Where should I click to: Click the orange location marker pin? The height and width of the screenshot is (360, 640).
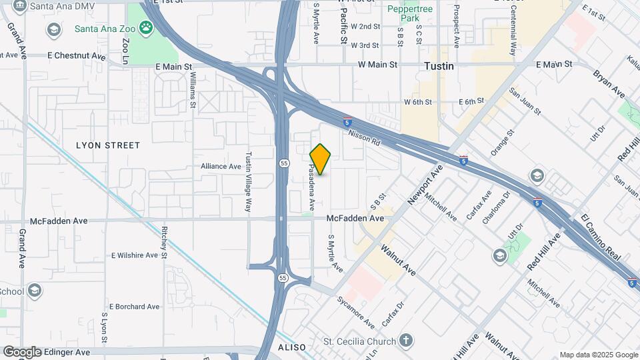(320, 159)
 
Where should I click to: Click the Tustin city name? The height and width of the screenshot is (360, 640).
(439, 66)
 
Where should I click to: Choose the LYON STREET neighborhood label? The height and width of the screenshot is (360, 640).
(108, 145)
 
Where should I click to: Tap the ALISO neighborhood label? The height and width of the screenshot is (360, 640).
(292, 347)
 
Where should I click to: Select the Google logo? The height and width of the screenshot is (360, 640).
(22, 352)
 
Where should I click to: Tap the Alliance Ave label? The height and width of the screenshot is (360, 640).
(221, 166)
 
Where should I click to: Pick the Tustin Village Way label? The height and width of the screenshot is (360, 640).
(248, 181)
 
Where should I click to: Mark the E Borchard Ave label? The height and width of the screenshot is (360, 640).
(135, 307)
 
